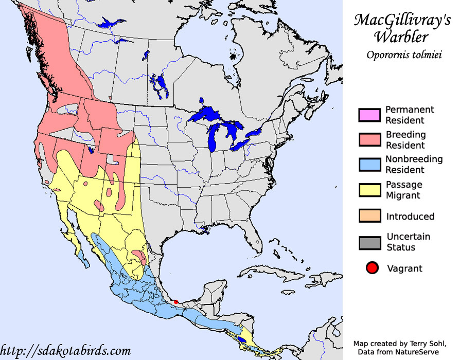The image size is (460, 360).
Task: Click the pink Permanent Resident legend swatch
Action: pyautogui.click(x=369, y=115)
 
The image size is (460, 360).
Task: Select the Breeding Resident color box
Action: pyautogui.click(x=369, y=140)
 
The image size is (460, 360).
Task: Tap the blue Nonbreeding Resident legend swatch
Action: pyautogui.click(x=369, y=165)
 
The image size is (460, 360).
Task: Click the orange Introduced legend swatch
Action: pyautogui.click(x=369, y=217)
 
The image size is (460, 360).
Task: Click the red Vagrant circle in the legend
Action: pyautogui.click(x=373, y=268)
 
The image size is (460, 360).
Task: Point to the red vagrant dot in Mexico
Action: pyautogui.click(x=176, y=302)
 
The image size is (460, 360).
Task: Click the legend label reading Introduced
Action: pyautogui.click(x=410, y=217)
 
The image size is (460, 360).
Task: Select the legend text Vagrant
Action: pyautogui.click(x=404, y=268)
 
